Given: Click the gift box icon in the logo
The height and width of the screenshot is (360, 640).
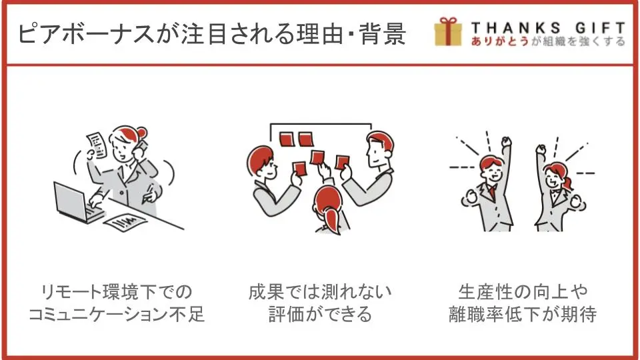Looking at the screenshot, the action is [448, 31].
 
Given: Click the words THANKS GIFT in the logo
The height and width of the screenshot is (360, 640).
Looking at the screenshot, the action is [548, 28].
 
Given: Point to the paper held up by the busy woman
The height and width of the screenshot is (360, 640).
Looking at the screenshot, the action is [96, 145].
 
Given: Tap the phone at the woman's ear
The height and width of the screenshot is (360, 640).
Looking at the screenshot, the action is [141, 148].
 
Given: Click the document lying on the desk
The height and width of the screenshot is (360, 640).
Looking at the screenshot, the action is [125, 222].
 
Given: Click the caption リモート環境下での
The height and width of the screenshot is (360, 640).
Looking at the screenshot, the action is [116, 292].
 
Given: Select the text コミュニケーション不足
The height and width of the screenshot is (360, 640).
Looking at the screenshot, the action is [116, 314].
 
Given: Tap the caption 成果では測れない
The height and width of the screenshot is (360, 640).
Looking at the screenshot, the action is [320, 292].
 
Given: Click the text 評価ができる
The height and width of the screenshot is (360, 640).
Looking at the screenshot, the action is [320, 314].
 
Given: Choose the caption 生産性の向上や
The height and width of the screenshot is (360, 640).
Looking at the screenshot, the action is [523, 292].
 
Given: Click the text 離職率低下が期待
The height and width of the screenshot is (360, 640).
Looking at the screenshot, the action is [523, 314].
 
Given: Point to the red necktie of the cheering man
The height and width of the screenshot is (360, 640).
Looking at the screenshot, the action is [493, 191].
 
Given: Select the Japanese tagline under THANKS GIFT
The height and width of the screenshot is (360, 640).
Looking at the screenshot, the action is [548, 41].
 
